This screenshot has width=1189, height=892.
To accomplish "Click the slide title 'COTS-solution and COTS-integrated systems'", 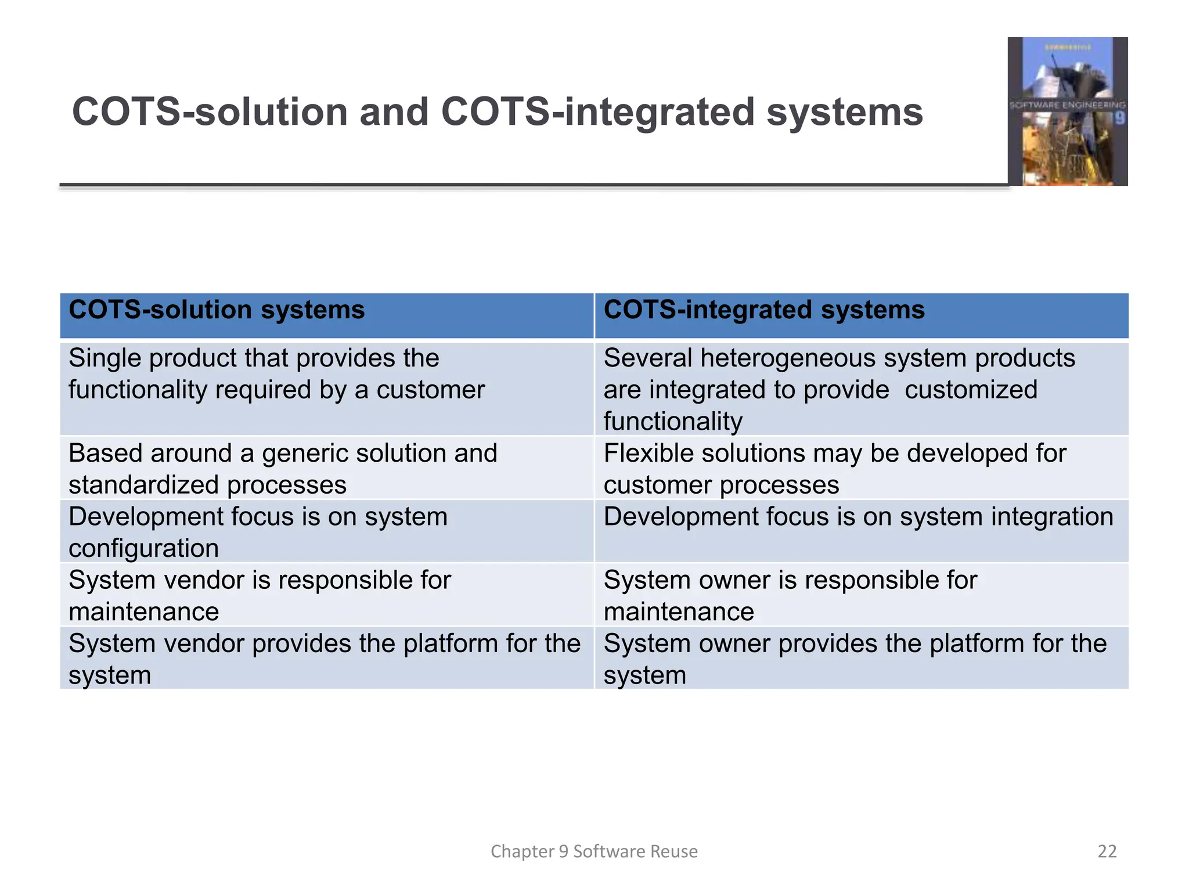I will tap(497, 111).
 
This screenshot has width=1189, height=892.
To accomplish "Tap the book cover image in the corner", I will tap(1067, 111).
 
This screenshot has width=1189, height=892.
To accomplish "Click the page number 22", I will tap(1107, 851).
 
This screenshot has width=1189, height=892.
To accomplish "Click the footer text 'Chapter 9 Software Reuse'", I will tap(594, 851).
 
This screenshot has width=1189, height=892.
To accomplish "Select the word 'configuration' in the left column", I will tap(143, 548).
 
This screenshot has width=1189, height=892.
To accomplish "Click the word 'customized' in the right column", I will tap(971, 390).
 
